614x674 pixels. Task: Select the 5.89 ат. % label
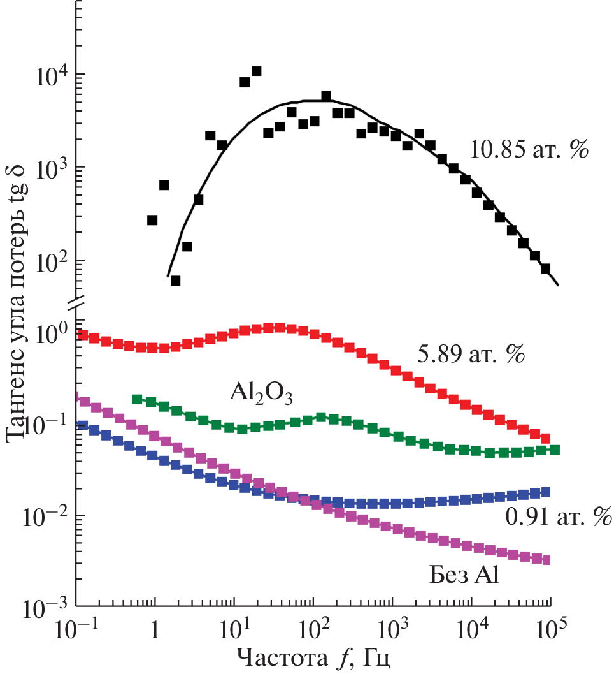(x=471, y=355)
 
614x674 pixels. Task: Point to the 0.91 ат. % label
(x=559, y=516)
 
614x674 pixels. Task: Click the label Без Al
(x=463, y=575)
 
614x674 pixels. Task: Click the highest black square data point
(x=257, y=71)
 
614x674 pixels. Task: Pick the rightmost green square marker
(x=555, y=450)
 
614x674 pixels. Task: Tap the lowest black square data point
(x=175, y=281)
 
